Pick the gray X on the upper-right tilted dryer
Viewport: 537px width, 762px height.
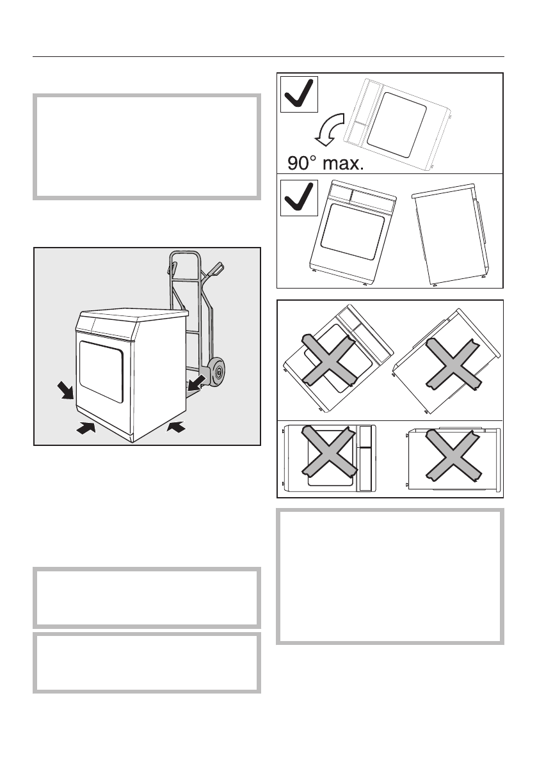453,364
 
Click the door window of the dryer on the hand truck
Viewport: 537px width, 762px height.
101,371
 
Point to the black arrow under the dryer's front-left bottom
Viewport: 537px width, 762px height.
84,429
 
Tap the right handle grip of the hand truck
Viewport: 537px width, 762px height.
216,269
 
